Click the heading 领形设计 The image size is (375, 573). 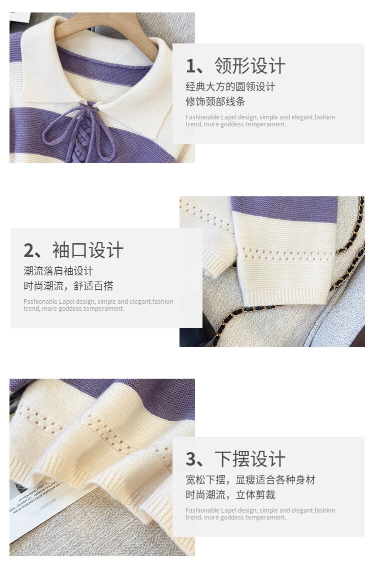(250, 66)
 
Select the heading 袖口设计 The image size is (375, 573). (88, 250)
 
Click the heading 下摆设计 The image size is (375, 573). (250, 459)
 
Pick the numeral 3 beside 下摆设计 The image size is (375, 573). (191, 460)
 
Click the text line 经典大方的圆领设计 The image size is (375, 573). (230, 86)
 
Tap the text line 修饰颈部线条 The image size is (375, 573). (215, 101)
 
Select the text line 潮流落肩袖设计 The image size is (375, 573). (58, 271)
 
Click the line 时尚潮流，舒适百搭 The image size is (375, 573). (68, 286)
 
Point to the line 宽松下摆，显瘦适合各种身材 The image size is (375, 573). (250, 480)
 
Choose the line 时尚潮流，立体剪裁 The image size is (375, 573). (230, 495)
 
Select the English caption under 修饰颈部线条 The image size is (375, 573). (260, 120)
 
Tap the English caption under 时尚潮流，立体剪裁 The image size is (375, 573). (260, 514)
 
